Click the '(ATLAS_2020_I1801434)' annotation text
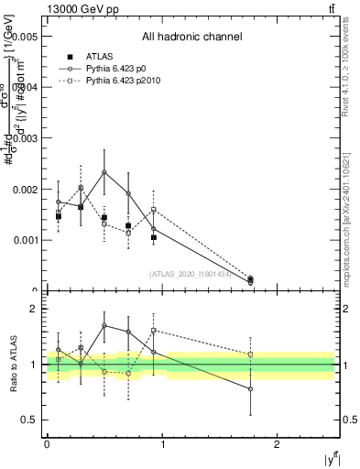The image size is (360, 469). point(191,273)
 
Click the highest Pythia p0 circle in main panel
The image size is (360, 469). point(104,172)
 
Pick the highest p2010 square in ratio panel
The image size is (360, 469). point(153,330)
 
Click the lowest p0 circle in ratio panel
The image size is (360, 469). point(250,389)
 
